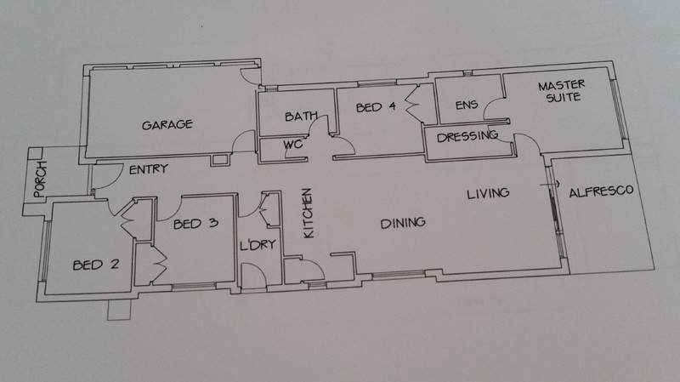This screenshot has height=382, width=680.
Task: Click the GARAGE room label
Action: [x=167, y=125]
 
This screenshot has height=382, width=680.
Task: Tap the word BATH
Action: [x=301, y=117]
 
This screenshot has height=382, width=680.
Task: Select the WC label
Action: [x=293, y=144]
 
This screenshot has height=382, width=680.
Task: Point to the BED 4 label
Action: [x=376, y=107]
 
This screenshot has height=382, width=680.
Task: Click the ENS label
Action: [x=467, y=105]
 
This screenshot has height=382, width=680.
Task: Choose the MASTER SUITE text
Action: [x=562, y=91]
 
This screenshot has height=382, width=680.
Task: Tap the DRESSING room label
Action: [x=467, y=137]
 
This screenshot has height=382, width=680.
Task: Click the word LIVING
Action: [x=488, y=194]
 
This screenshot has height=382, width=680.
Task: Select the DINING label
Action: [x=403, y=223]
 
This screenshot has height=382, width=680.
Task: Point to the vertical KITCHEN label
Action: [x=308, y=213]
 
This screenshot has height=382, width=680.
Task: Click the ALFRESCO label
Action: [x=601, y=191]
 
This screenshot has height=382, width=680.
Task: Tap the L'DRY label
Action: [x=258, y=245]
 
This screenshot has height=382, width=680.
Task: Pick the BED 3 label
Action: [x=195, y=224]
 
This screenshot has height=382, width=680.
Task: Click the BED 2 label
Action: [x=96, y=265]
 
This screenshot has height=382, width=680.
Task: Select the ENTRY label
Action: [x=148, y=168]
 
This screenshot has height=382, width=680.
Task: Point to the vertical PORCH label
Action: [x=40, y=180]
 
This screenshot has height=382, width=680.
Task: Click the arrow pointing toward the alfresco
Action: [x=549, y=185]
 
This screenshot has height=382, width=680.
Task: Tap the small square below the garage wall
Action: [x=220, y=160]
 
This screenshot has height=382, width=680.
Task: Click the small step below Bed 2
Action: [x=119, y=310]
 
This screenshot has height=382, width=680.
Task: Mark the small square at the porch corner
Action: [x=35, y=153]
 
